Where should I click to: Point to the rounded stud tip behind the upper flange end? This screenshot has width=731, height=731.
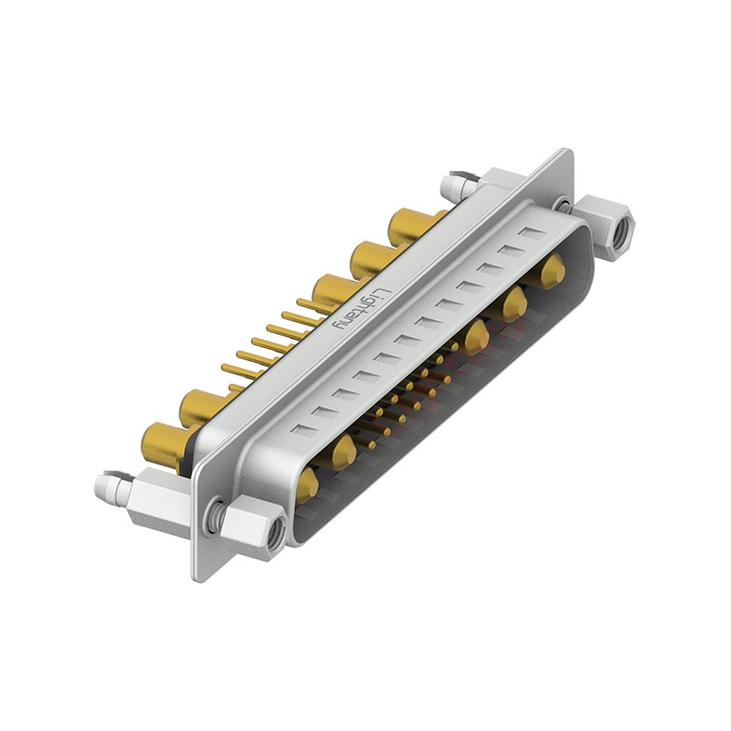pos(450,186)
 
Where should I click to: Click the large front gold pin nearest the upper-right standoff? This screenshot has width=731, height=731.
pos(551,271)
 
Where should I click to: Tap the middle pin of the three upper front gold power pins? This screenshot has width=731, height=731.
pos(514,302)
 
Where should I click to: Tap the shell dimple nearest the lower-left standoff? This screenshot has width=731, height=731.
pos(302,428)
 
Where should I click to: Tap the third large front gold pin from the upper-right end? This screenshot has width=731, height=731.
pos(474,337)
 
